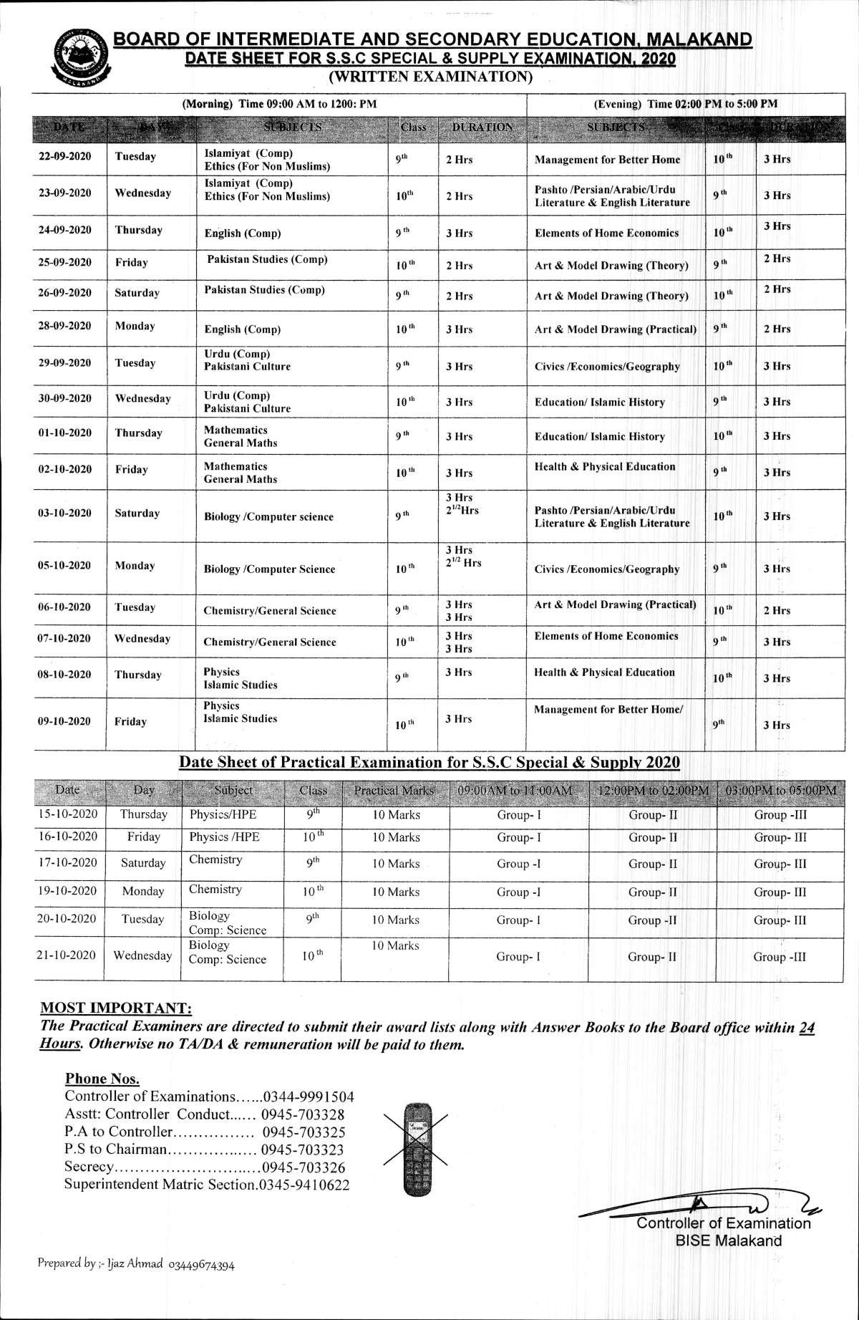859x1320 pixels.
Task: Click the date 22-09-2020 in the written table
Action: click(64, 156)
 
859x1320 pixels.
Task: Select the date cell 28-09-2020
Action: click(64, 326)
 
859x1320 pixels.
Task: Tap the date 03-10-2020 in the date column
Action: click(64, 513)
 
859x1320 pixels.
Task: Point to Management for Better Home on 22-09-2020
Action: click(607, 160)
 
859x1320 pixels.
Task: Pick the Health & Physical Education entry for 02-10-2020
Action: click(605, 466)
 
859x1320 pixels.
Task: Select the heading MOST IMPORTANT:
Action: click(116, 1008)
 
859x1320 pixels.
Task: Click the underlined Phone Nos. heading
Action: click(102, 1079)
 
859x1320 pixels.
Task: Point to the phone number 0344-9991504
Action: click(309, 1097)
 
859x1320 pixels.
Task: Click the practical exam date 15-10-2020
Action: click(67, 814)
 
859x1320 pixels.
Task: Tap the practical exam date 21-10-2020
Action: click(67, 955)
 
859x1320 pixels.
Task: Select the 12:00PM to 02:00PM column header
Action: click(653, 790)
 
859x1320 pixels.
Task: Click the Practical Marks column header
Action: click(394, 790)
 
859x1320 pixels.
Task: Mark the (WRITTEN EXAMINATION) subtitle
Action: click(429, 76)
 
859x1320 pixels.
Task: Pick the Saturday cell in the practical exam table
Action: click(143, 863)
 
